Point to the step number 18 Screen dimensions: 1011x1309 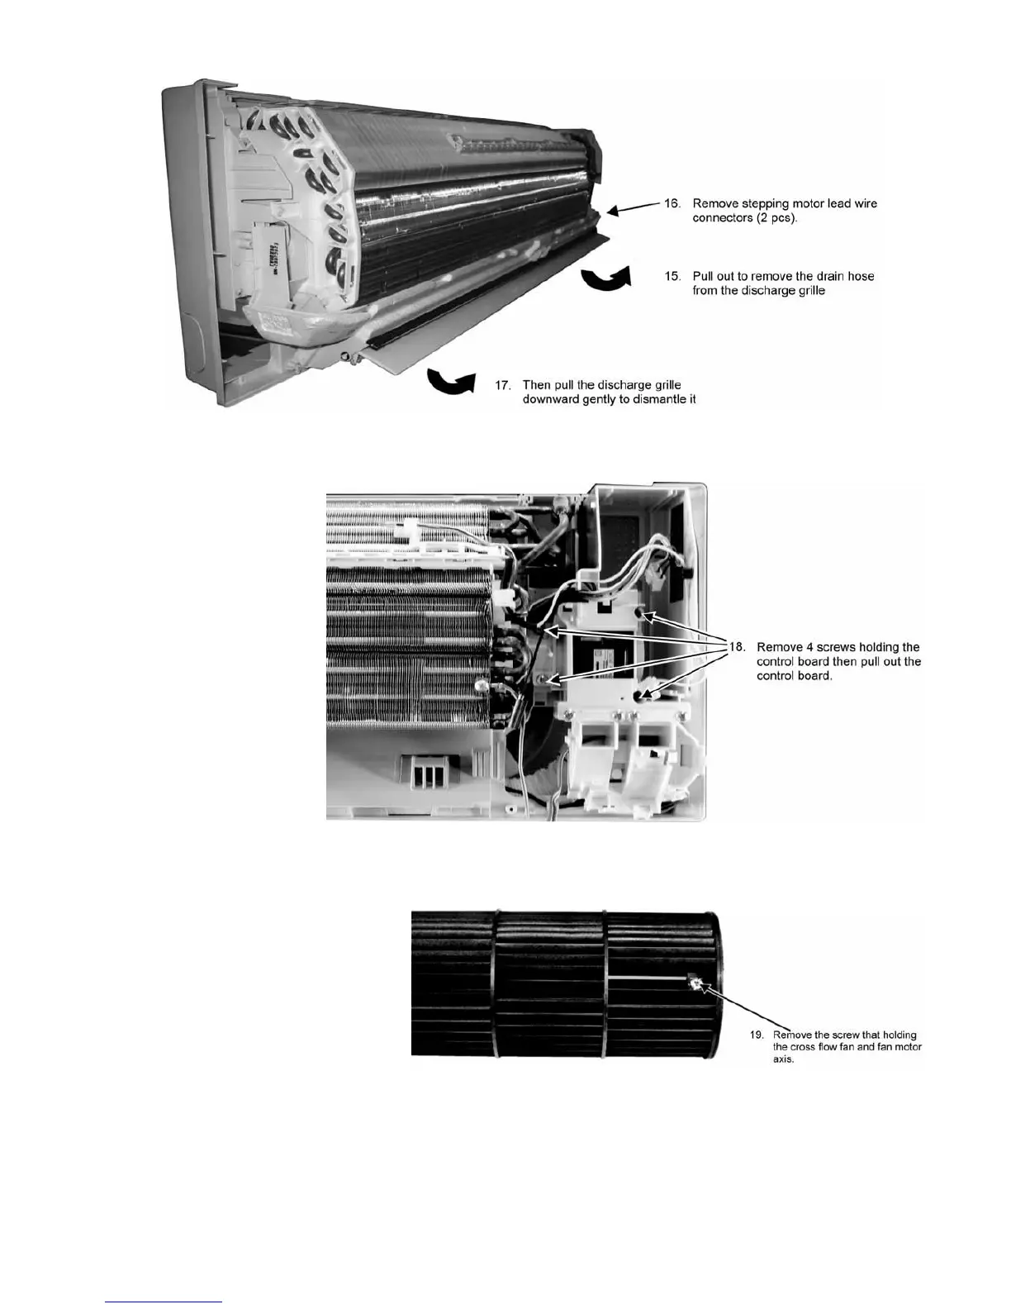736,647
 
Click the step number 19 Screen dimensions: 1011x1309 756,1035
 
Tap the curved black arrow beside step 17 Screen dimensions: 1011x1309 451,383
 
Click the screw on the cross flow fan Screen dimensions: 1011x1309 695,983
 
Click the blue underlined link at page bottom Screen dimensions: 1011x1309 164,1302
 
